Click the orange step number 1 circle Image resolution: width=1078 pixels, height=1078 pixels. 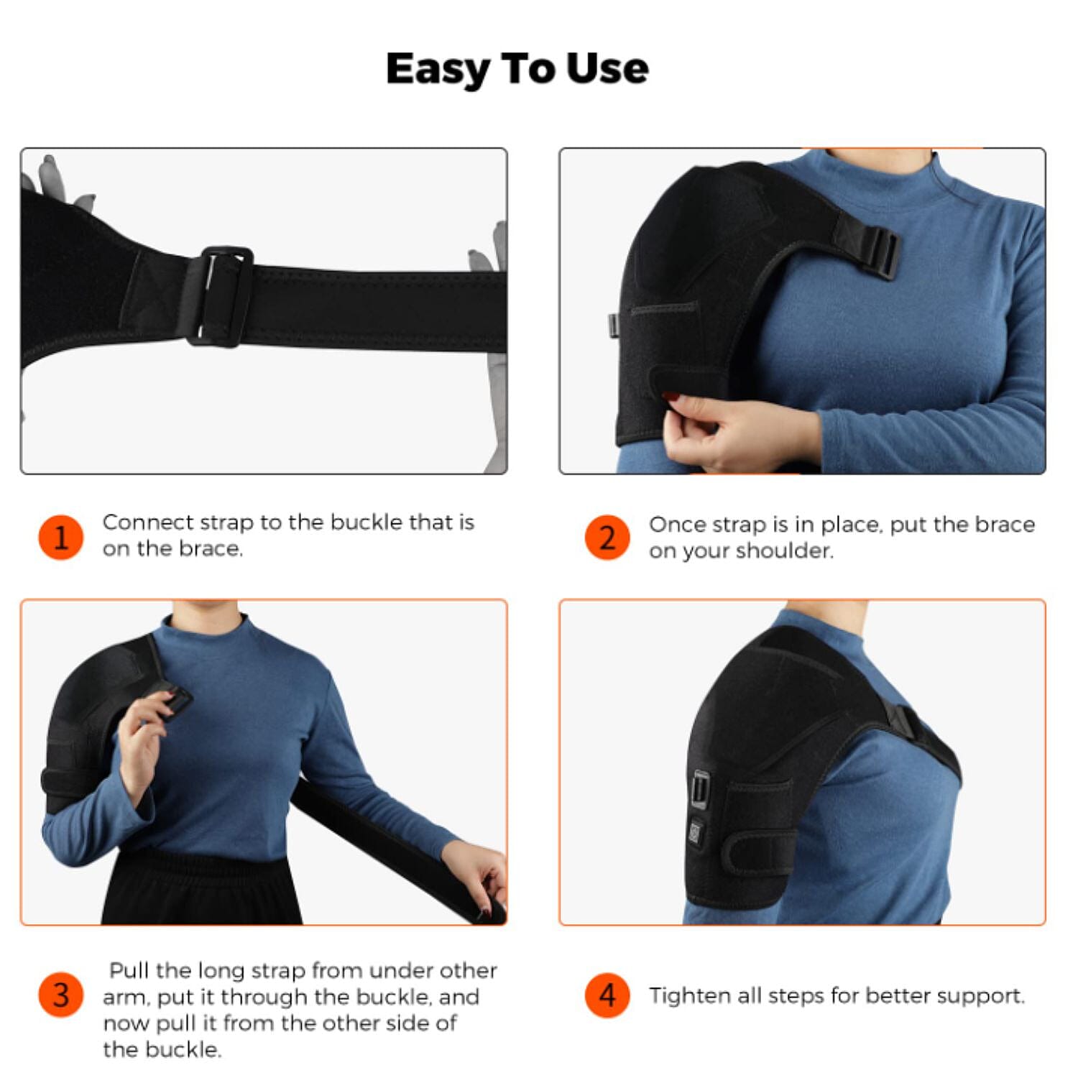(61, 537)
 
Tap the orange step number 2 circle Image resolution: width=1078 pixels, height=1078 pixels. (607, 537)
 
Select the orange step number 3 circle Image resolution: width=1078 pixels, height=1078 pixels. (61, 995)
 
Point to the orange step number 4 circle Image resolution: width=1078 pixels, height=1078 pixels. (607, 995)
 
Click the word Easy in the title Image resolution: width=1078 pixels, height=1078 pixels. (437, 70)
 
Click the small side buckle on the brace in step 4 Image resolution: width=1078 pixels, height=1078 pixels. (701, 788)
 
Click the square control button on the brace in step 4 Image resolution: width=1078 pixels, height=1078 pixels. (696, 831)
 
